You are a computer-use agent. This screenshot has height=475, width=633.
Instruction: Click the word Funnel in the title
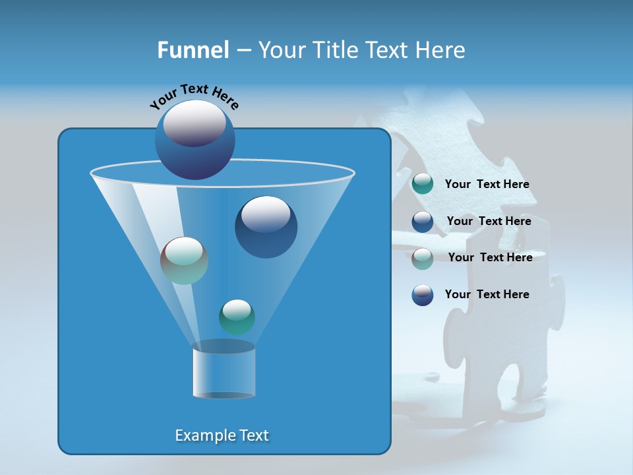193,50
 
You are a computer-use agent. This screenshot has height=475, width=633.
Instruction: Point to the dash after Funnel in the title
243,51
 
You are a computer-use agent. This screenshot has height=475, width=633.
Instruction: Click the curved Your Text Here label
195,96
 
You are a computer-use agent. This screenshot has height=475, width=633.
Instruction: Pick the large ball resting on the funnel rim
195,139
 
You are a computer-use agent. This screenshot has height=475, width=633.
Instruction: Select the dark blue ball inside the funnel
266,227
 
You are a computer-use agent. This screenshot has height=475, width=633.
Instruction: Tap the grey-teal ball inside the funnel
184,260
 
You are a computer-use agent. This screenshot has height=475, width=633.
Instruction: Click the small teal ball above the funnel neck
237,317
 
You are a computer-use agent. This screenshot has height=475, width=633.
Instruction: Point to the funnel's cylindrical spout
224,371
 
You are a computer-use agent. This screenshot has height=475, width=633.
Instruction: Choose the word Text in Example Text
254,435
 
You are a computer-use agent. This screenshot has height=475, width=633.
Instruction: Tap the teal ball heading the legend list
423,184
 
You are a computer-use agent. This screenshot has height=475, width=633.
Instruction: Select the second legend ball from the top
423,222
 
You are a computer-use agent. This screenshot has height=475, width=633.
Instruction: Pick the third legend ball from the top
423,258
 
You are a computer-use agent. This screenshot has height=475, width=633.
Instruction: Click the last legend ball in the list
423,295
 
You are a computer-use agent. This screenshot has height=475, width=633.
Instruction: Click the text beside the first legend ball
487,185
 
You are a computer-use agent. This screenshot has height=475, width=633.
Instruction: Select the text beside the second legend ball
489,221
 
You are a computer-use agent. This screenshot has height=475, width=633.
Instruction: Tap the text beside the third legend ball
490,257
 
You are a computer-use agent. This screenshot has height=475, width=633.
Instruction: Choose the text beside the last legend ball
487,294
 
